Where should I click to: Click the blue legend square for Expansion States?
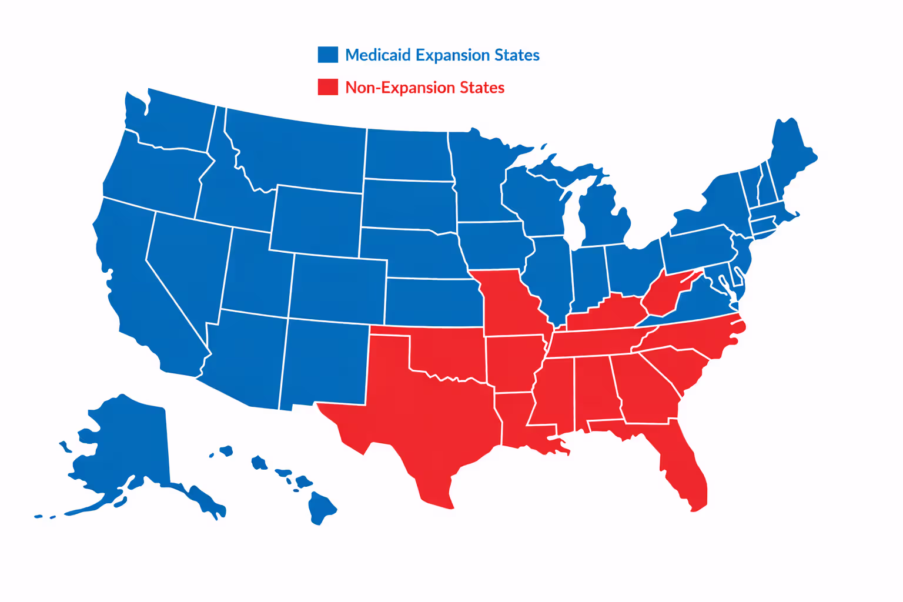click(x=327, y=55)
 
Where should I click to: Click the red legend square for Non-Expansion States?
click(x=327, y=87)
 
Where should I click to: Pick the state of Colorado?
click(x=338, y=288)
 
